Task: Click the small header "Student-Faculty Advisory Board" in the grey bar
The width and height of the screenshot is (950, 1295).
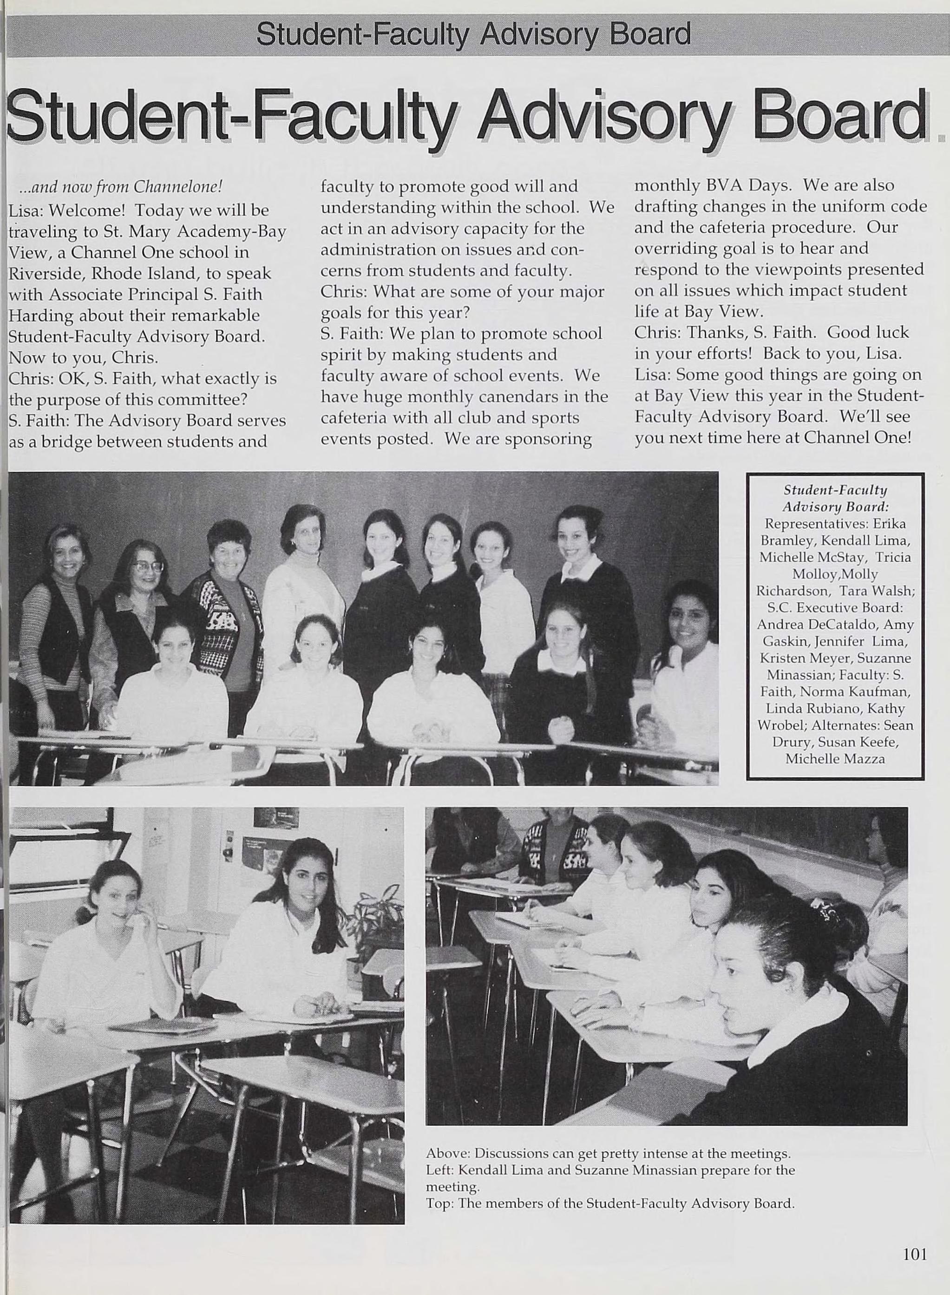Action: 473,34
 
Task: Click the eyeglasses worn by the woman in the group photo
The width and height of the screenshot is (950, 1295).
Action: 148,566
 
